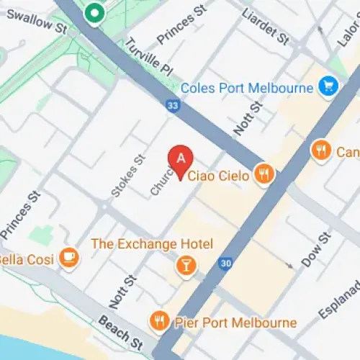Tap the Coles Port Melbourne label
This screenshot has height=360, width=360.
click(248, 88)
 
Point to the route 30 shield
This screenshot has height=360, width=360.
click(226, 264)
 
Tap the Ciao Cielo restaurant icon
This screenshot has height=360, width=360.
click(265, 174)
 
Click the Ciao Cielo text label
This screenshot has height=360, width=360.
click(218, 175)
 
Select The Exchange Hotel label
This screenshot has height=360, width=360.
click(151, 243)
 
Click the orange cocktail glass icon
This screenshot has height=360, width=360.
click(186, 266)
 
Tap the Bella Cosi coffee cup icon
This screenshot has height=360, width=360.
click(69, 256)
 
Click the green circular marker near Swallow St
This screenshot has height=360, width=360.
click(94, 12)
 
